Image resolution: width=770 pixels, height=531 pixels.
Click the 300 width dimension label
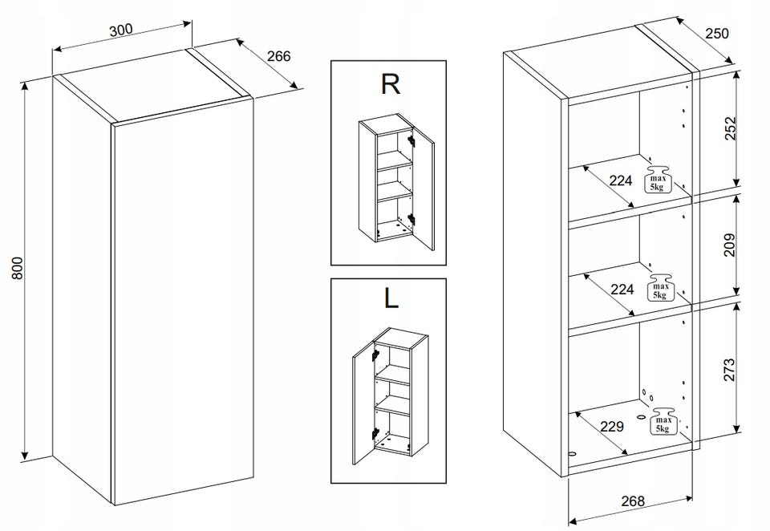point(121,30)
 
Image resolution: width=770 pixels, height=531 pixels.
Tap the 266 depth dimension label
point(279,56)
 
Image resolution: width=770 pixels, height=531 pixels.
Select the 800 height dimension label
point(17,268)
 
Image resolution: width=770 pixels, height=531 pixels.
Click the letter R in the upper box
point(391,84)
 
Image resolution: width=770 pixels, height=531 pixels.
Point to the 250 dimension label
point(717,34)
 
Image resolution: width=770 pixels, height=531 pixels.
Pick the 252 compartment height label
point(731,128)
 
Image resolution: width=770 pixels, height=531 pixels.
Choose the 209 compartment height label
point(730,245)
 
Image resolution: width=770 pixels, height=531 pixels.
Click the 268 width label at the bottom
point(633,501)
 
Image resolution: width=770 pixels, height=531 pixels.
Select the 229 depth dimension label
point(612,427)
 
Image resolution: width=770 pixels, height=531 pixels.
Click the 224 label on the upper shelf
point(621,180)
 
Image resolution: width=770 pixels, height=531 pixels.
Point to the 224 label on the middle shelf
point(622,289)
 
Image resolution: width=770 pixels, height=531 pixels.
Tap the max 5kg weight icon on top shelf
point(658,180)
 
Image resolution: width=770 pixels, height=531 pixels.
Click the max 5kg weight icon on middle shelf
point(660,288)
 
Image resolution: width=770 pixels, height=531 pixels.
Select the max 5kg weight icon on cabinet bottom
point(663,421)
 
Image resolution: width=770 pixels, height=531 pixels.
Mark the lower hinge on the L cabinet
point(375,433)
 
